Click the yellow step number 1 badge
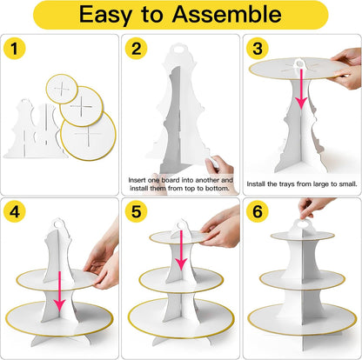[x=15, y=49]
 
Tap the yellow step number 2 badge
[x=136, y=49]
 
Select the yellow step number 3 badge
[x=258, y=49]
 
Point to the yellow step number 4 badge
[x=15, y=211]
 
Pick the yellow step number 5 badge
[x=136, y=211]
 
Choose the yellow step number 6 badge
[x=258, y=211]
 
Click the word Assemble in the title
[x=226, y=14]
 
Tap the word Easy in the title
[x=105, y=16]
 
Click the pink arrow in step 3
[x=301, y=89]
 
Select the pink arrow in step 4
[x=59, y=291]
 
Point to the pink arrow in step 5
[x=181, y=250]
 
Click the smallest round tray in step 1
[x=62, y=89]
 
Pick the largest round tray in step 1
[x=88, y=136]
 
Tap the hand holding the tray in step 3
[x=346, y=69]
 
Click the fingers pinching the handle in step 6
[x=314, y=207]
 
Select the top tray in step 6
[x=303, y=236]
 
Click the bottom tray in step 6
[x=302, y=318]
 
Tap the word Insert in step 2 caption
[x=137, y=180]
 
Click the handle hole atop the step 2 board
[x=180, y=49]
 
